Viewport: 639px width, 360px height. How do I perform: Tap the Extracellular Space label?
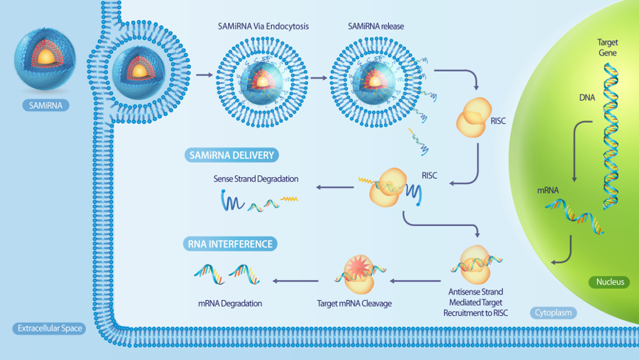click(48, 328)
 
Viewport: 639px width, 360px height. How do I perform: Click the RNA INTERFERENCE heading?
click(230, 243)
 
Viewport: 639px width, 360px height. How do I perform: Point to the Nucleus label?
click(609, 281)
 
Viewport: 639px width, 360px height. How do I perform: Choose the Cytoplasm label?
click(554, 312)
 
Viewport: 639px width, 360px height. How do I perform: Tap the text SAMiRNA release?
click(376, 27)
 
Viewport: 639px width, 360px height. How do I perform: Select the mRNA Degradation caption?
click(230, 303)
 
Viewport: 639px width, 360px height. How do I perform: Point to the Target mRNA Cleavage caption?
click(354, 303)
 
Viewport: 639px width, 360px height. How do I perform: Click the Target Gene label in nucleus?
click(607, 48)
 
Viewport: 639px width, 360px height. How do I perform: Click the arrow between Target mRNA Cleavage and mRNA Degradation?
click(296, 281)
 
